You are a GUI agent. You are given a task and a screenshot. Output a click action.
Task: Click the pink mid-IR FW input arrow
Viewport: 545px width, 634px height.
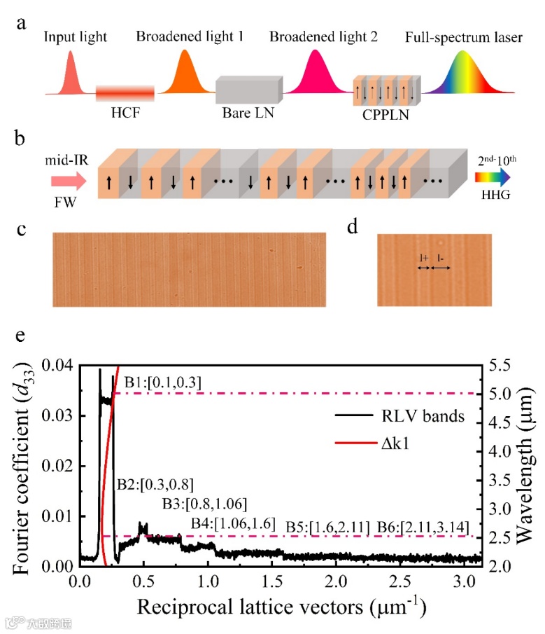(68, 181)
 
